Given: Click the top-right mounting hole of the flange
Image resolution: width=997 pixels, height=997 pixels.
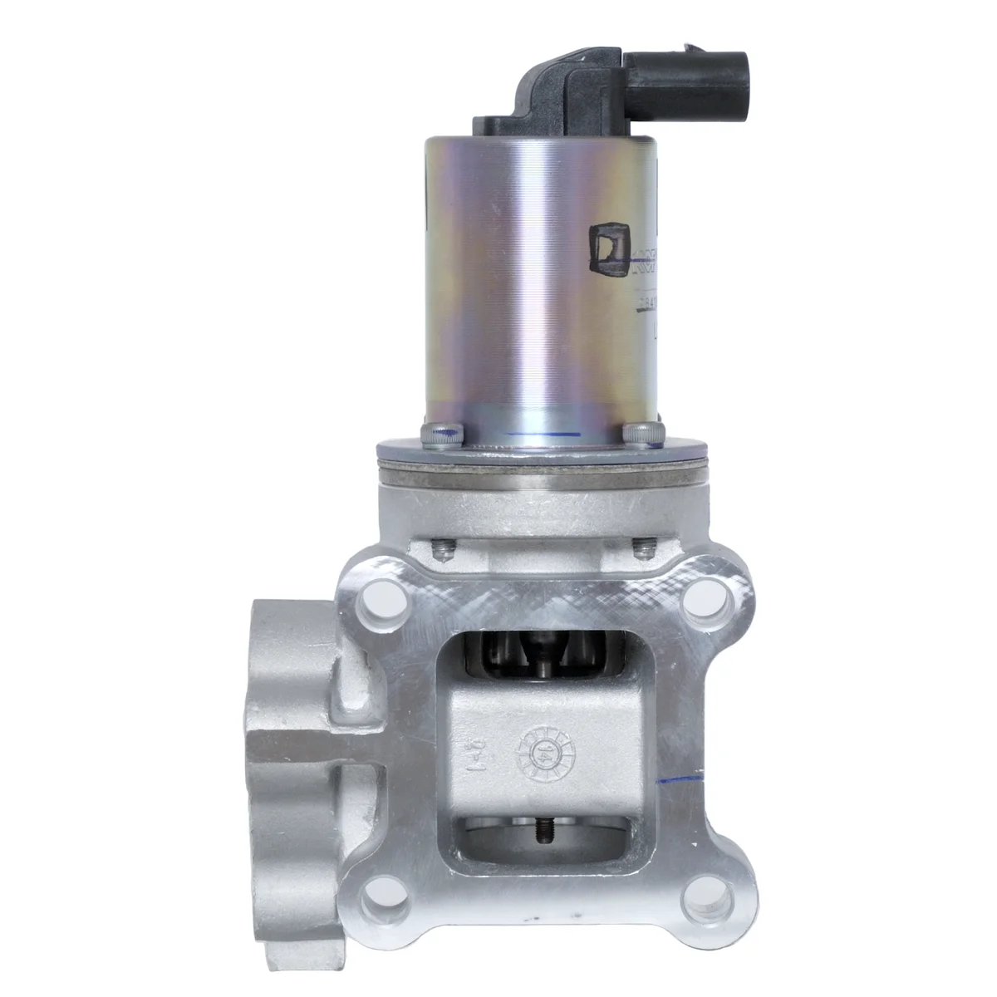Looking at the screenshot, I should click(x=707, y=597).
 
